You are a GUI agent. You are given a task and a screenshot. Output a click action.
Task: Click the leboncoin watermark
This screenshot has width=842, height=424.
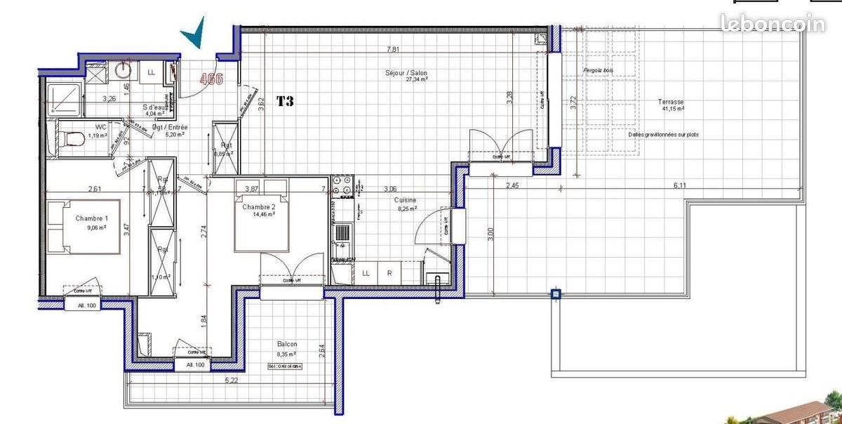(x=774, y=24)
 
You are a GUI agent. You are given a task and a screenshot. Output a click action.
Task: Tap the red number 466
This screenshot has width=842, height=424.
(x=211, y=79)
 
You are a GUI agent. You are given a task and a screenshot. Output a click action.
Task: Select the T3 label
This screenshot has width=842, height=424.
(x=284, y=101)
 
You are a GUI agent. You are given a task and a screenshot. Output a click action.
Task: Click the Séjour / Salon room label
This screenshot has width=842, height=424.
(x=406, y=74)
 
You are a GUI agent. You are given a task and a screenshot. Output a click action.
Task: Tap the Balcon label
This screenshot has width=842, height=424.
(x=286, y=345)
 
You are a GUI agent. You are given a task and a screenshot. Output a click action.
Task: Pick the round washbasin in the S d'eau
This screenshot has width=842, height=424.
(x=124, y=69)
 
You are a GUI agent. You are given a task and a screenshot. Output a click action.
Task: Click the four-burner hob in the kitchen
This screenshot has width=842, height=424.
(x=342, y=185)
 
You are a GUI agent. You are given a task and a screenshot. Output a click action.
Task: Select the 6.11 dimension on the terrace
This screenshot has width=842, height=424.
(x=681, y=185)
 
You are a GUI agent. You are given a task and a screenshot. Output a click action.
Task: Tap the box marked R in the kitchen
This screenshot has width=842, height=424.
(x=389, y=274)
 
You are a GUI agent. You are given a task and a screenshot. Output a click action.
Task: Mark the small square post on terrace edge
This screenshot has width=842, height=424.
(x=556, y=294)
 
